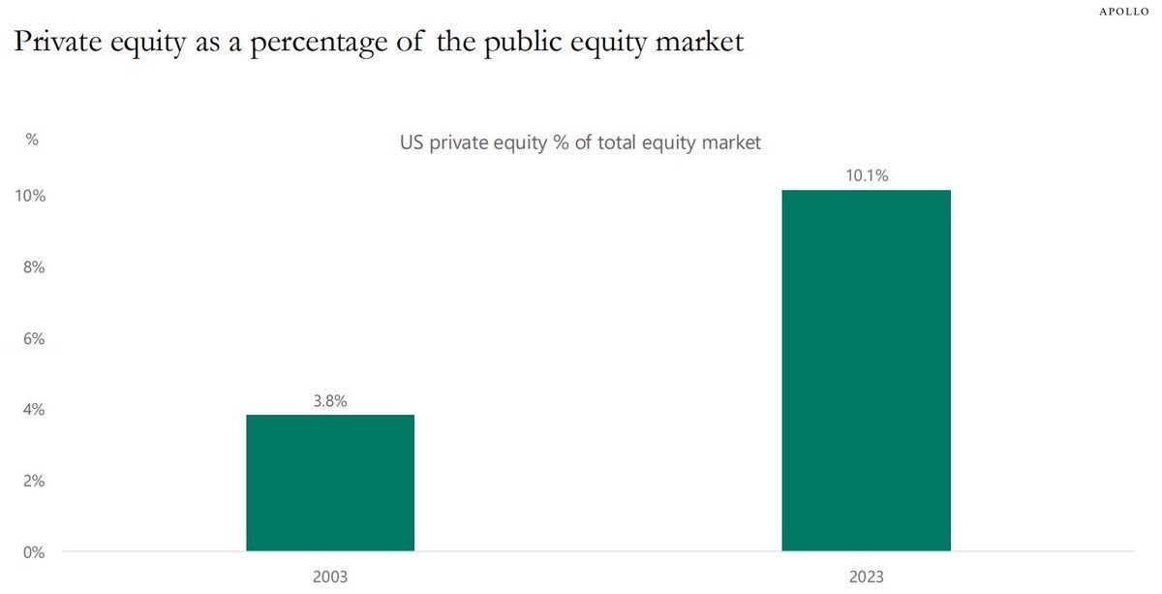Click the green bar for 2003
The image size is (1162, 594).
coord(330,483)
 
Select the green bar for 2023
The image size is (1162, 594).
coord(867,370)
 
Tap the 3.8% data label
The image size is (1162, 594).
coord(330,401)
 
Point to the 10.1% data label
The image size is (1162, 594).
coord(867,175)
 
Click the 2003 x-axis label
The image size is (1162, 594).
coord(330,577)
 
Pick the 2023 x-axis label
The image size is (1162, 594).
coord(867,577)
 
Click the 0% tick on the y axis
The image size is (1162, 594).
coord(34,552)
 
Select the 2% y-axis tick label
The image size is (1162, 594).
coord(34,481)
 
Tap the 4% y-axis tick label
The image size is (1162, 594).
coord(34,410)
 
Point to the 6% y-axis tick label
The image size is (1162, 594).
coord(34,338)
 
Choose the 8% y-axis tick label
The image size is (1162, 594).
coord(34,266)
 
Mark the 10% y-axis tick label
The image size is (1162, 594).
coord(30,196)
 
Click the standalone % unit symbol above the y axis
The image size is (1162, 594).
coord(32,140)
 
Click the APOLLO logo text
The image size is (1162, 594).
coord(1124,12)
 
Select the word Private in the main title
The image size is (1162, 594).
coord(57,41)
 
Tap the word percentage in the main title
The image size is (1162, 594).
coord(319,44)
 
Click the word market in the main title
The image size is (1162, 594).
coord(699,41)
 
